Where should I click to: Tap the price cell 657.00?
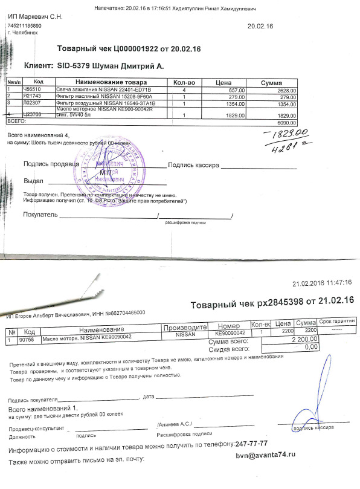click(x=236, y=89)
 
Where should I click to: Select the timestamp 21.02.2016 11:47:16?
click(x=321, y=282)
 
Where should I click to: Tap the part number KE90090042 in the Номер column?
click(x=229, y=333)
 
